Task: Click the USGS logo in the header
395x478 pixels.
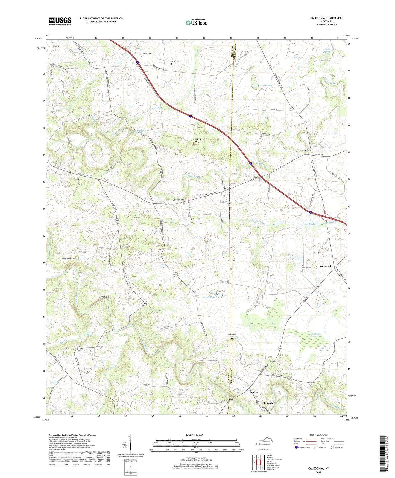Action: click(60, 21)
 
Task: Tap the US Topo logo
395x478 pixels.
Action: click(196, 22)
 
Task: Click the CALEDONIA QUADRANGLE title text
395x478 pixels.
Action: click(326, 18)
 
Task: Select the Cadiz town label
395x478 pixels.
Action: click(57, 46)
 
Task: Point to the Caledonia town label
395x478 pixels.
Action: click(178, 200)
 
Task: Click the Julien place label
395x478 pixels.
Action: click(307, 151)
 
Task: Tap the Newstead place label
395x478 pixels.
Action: click(325, 266)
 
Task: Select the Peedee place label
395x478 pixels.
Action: click(254, 393)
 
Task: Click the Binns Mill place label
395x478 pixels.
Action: click(270, 403)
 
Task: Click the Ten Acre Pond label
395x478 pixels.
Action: click(266, 85)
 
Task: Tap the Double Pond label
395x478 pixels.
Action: click(209, 297)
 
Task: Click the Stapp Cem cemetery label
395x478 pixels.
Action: click(221, 291)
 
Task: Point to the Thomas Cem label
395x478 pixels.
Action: click(146, 54)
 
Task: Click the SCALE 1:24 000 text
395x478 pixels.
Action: click(194, 435)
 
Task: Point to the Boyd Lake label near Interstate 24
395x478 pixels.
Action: click(310, 224)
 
